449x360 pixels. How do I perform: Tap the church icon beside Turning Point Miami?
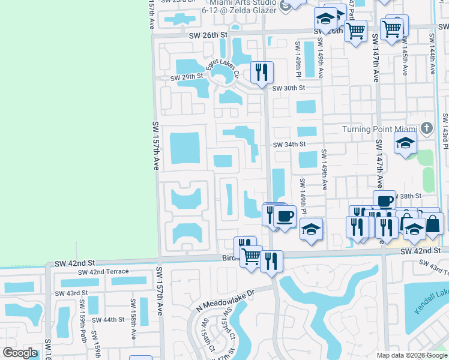(x=426, y=128)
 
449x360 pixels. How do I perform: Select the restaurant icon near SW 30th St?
(x=262, y=73)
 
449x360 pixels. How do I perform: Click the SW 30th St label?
(x=289, y=88)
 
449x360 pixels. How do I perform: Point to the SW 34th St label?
(x=289, y=145)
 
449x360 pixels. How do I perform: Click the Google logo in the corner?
(x=20, y=353)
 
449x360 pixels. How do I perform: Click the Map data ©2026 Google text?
(x=412, y=355)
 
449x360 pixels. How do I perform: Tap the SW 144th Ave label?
(x=432, y=53)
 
